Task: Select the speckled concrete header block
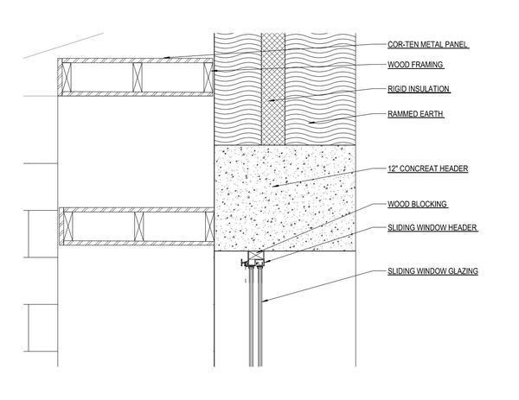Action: click(285, 199)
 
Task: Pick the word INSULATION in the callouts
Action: click(427, 88)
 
